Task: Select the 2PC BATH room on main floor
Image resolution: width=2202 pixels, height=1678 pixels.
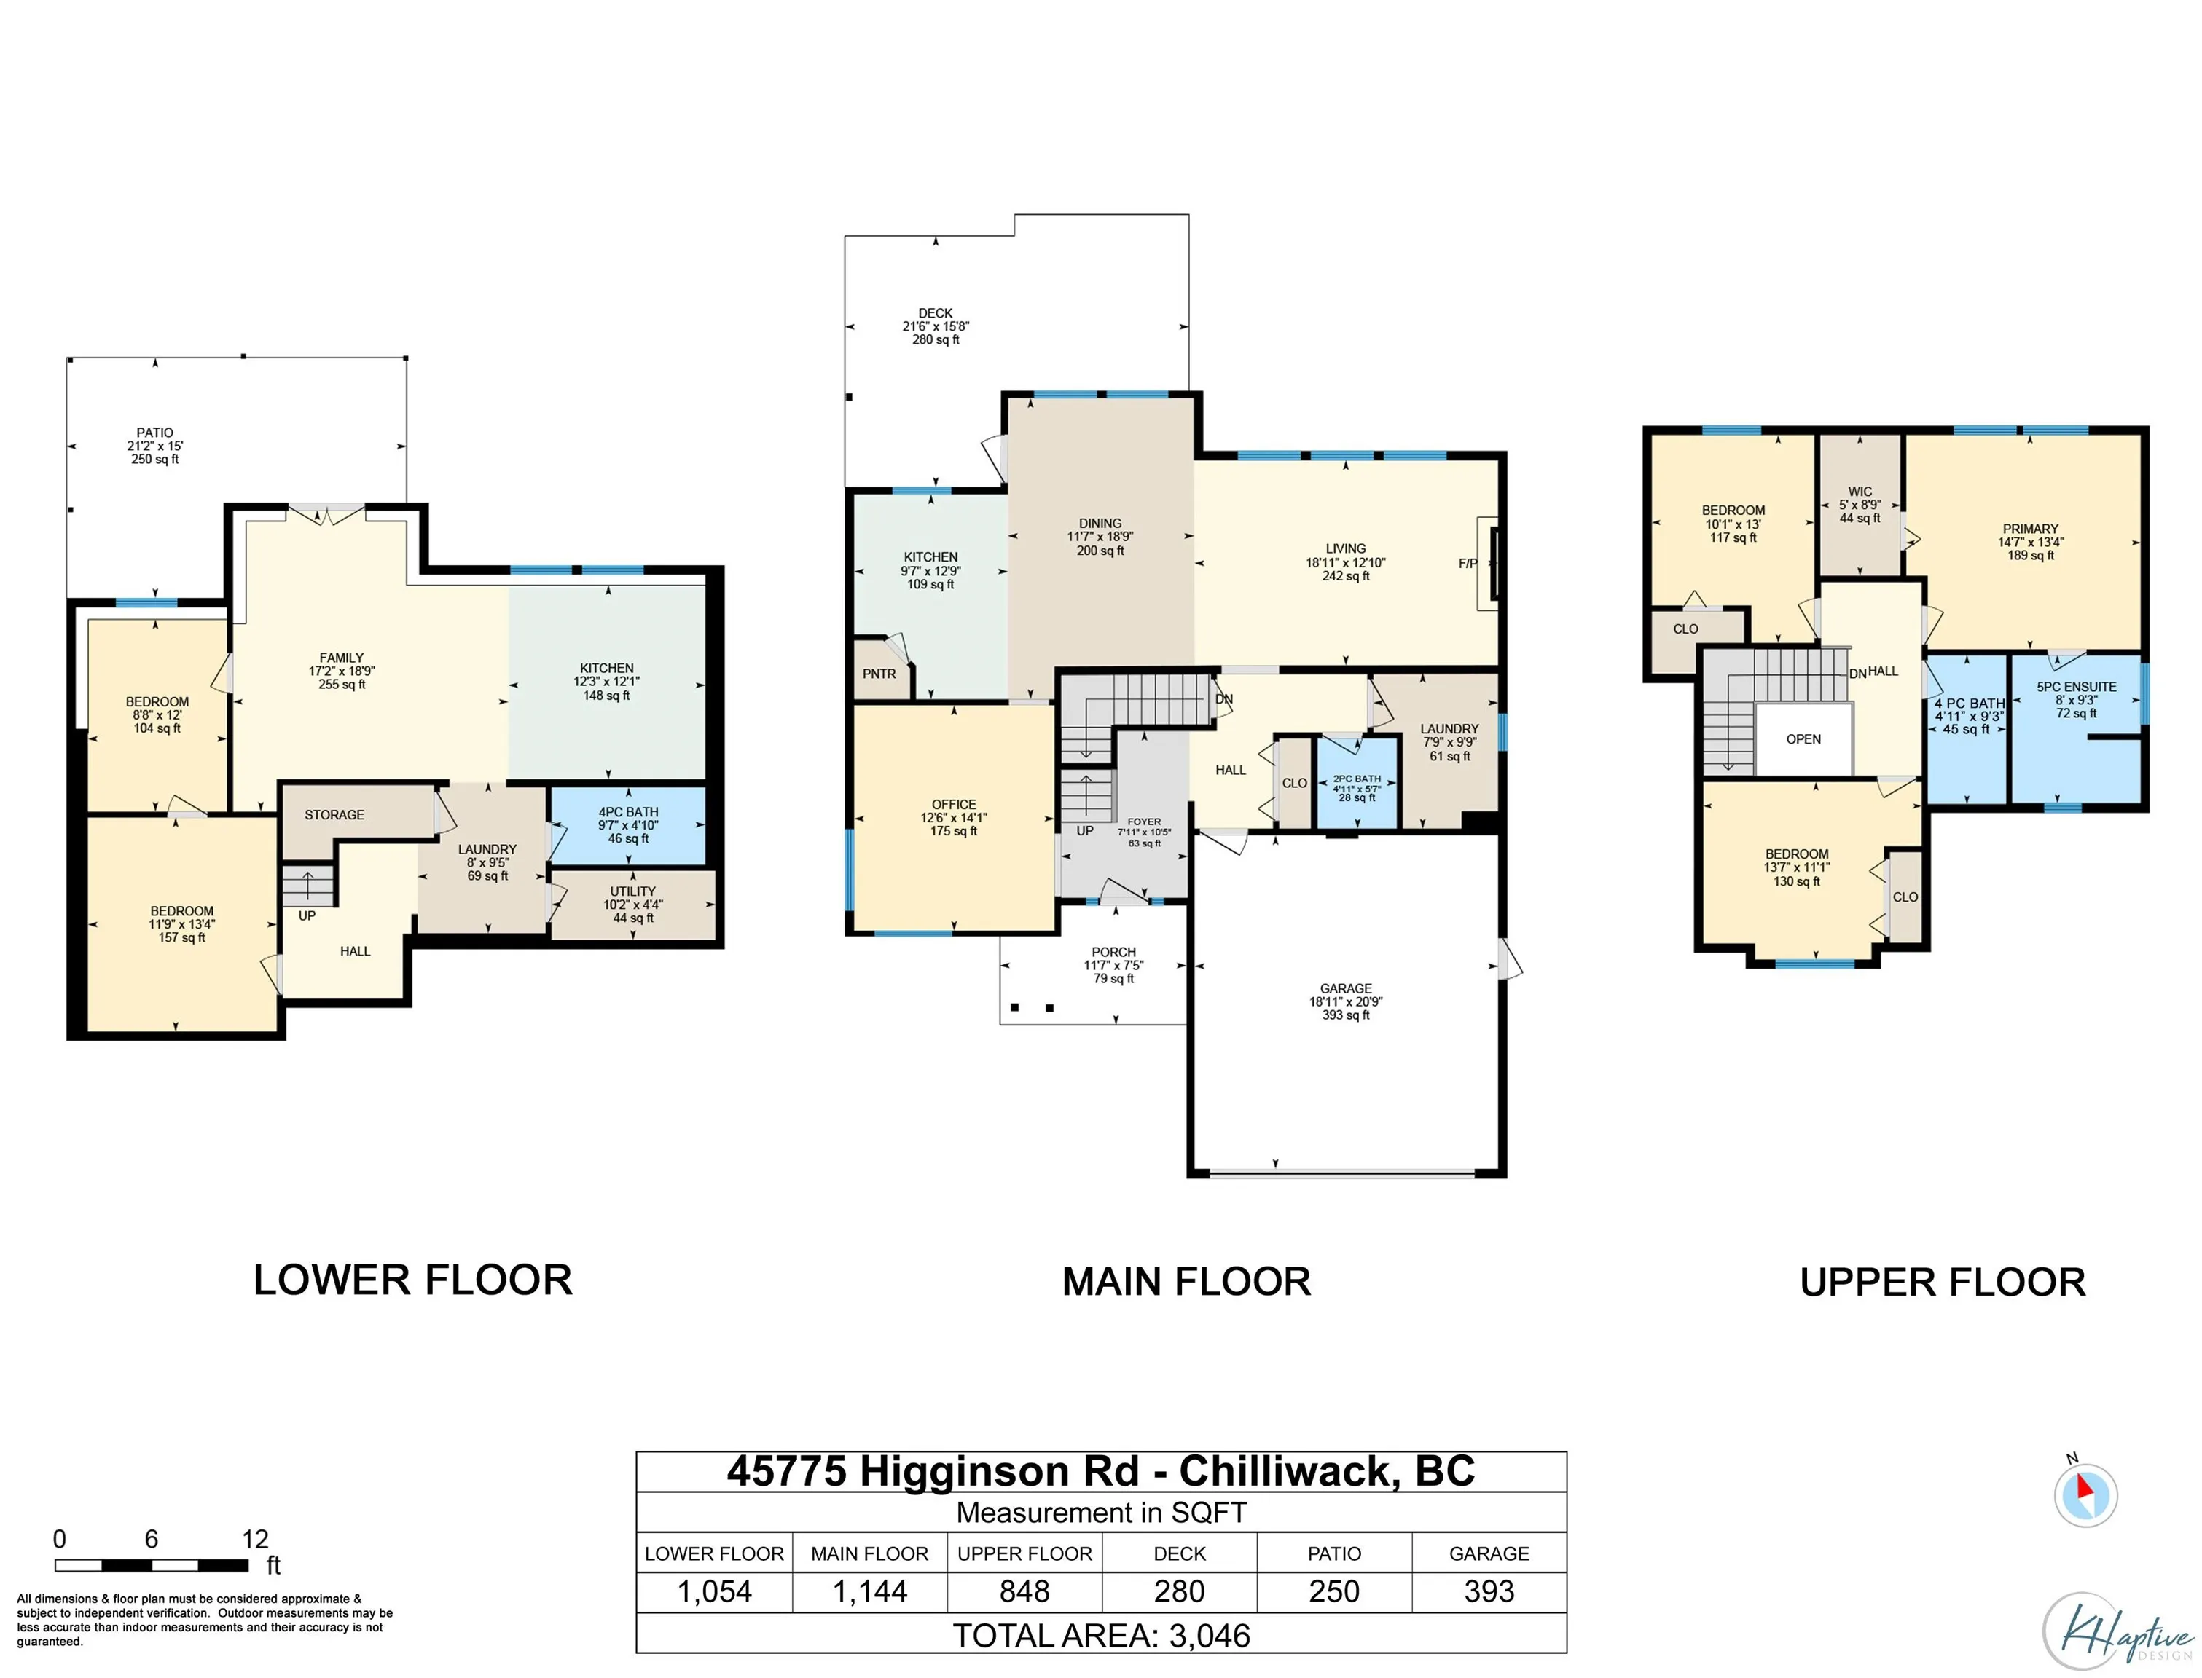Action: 1356,789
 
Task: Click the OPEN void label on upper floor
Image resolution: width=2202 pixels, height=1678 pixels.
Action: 1803,740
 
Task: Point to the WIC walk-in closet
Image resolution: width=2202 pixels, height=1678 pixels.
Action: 1860,505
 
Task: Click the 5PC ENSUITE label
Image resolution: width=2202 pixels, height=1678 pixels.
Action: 2076,688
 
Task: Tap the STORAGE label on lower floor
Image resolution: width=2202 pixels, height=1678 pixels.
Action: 334,816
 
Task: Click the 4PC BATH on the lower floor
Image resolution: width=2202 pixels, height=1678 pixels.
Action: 627,826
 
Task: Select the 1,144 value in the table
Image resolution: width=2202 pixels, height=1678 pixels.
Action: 869,1592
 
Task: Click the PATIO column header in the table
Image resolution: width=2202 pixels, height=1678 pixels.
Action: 1333,1554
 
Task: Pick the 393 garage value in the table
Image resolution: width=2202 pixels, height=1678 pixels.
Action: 1489,1592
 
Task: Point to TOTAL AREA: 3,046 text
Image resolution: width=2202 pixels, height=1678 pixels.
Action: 1101,1636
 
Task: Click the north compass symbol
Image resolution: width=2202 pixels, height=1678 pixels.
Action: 2085,1495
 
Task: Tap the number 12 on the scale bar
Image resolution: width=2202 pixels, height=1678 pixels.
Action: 255,1539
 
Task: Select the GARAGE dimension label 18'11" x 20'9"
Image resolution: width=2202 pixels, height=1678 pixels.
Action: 1346,1002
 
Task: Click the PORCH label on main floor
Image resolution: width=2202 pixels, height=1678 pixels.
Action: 1113,953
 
